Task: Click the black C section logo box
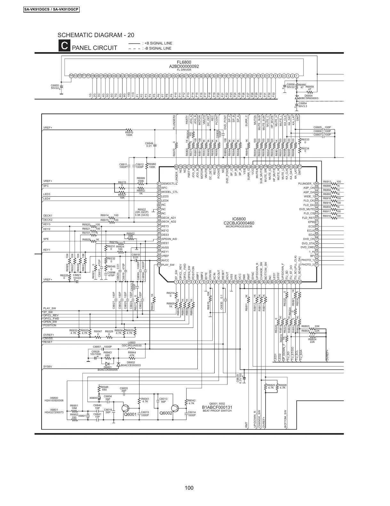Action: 64,46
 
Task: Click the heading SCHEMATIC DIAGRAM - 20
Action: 96,35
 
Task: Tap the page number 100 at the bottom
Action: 189,488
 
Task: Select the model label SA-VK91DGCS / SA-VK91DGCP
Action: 51,9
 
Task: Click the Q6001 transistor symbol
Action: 125,408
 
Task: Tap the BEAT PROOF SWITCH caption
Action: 217,410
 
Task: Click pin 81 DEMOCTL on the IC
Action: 159,184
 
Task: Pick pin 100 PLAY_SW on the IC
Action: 159,265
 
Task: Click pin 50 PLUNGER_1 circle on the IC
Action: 316,184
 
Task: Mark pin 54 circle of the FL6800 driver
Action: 71,75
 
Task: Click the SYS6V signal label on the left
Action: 48,367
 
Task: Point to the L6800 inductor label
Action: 131,343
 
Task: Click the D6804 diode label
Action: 308,95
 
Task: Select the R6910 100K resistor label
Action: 129,133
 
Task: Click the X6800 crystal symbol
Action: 99,398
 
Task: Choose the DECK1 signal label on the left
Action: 48,216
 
